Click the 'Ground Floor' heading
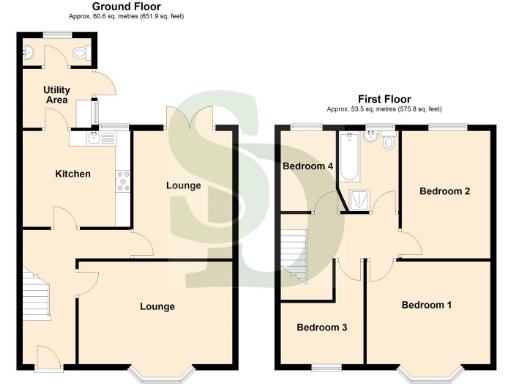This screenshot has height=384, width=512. (129, 6)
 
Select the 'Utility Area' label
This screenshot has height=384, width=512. (56, 96)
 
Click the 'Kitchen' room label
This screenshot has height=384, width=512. (72, 174)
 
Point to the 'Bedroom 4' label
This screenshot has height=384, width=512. (307, 166)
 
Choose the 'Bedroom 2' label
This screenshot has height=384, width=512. (445, 190)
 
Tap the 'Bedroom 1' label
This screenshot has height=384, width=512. (427, 304)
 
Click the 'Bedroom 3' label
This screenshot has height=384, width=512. (321, 328)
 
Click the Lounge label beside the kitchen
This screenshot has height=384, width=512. (183, 185)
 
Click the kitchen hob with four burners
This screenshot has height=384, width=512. (125, 181)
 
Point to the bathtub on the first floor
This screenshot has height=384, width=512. (349, 159)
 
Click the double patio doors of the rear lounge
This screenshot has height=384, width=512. (190, 118)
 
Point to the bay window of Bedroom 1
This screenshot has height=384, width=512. (441, 373)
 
